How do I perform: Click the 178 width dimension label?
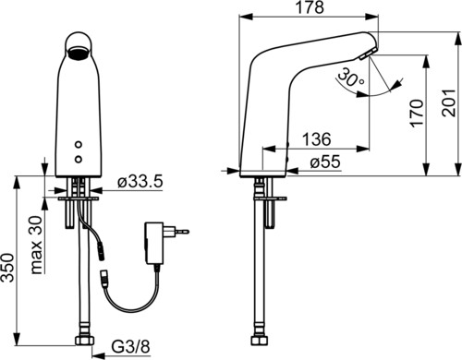point(310,7)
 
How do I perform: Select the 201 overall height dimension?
point(449,103)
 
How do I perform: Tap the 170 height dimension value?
point(417,113)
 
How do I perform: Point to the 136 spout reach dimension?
point(316,139)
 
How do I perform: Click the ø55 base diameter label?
point(325,162)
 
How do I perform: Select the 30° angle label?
point(350,78)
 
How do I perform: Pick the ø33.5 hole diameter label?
point(140,183)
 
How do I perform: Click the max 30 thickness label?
point(37,245)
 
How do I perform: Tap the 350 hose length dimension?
point(7,267)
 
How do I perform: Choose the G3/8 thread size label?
point(130,346)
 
